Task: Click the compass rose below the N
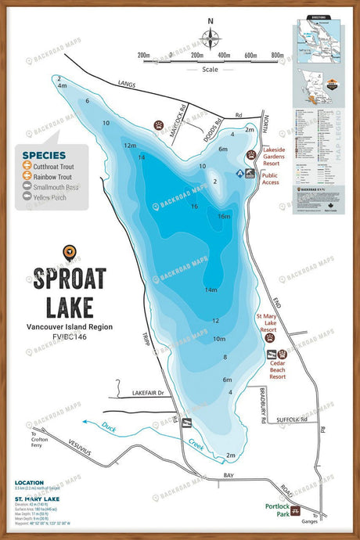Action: [x=210, y=38]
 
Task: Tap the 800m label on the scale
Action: [x=277, y=56]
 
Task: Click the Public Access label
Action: [x=270, y=180]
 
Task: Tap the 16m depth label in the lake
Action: [x=225, y=217]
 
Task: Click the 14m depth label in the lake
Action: [x=211, y=290]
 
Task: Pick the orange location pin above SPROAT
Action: [x=70, y=251]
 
